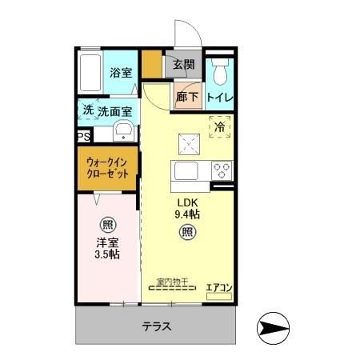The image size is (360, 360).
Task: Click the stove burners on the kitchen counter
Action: tap(221, 170)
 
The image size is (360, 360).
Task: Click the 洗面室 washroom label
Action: tap(115, 111)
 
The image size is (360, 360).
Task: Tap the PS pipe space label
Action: tap(83, 137)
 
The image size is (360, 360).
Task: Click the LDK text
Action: tap(187, 202)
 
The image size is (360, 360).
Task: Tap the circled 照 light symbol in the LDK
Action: tap(186, 233)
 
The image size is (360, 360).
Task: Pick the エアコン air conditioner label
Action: tap(218, 286)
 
